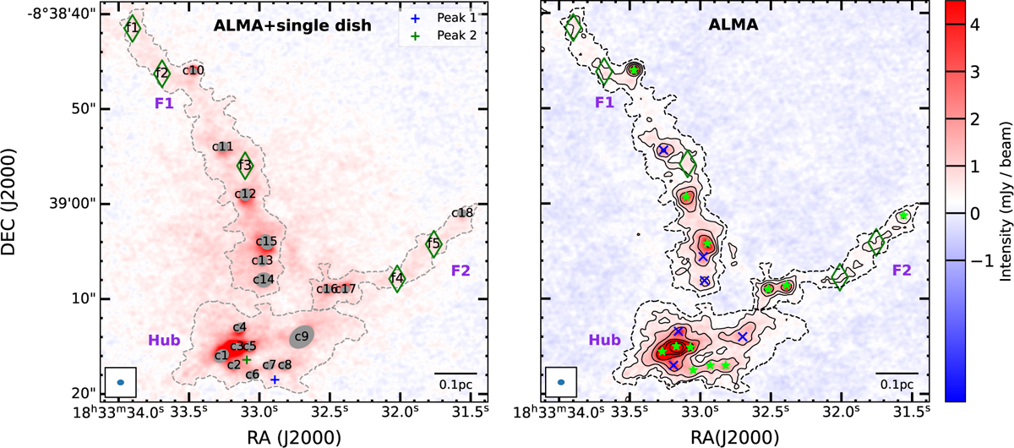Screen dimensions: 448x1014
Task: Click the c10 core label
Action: (194, 70)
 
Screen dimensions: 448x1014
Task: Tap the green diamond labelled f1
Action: (132, 28)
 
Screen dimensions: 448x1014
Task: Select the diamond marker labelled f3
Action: (245, 166)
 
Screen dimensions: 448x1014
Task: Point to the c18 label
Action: (463, 212)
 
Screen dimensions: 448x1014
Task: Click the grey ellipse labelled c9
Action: (301, 336)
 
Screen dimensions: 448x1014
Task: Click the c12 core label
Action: (245, 194)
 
